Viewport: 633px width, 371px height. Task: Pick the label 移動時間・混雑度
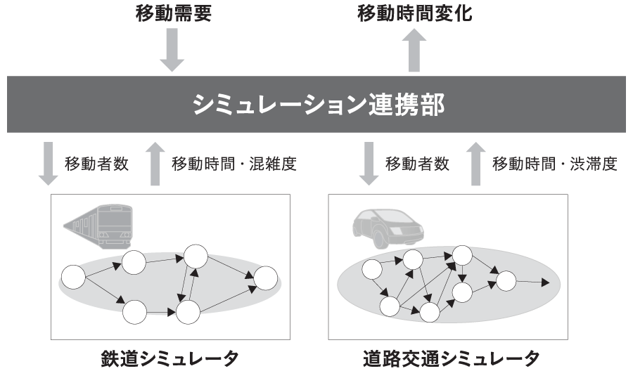point(234,164)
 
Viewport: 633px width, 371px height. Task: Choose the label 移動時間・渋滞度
point(555,164)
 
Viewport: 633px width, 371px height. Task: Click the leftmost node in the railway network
point(73,278)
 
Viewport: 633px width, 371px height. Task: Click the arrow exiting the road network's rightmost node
point(535,283)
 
